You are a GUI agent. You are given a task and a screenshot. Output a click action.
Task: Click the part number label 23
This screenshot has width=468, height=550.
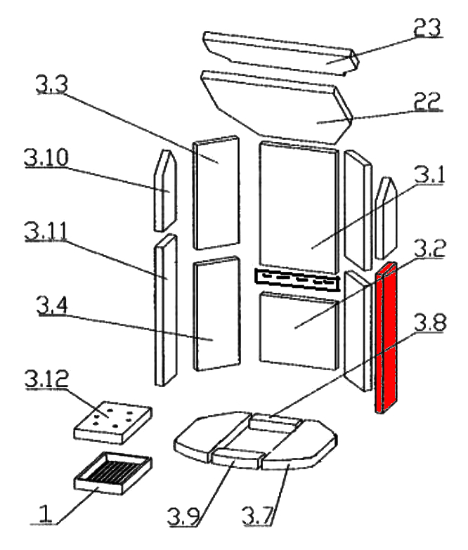coord(428,29)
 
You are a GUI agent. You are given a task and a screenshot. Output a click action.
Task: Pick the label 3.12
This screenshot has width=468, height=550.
coord(48,384)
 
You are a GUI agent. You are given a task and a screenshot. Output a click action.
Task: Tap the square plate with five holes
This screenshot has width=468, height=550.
coord(112,421)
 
